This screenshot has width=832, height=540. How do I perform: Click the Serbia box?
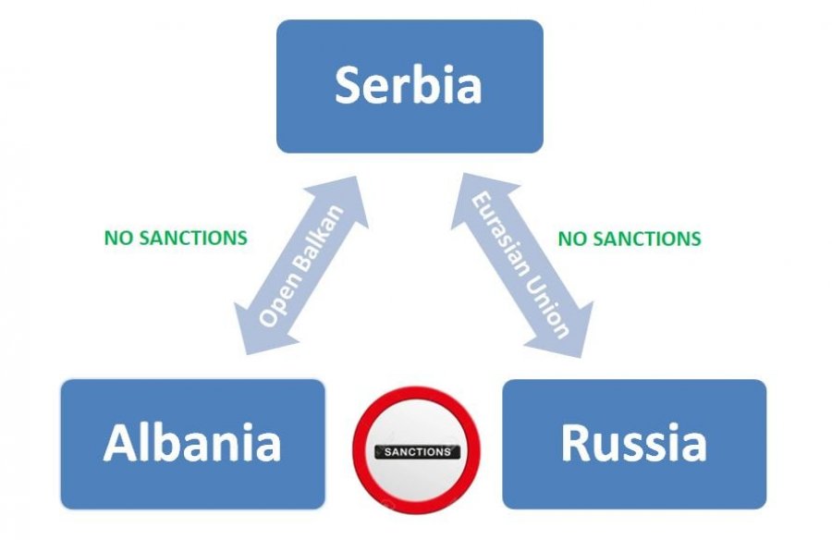[410, 86]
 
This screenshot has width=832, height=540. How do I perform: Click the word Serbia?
[409, 85]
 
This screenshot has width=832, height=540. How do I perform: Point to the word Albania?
[192, 443]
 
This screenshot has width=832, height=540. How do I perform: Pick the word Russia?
[633, 443]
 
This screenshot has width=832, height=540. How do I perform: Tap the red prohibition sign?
[416, 452]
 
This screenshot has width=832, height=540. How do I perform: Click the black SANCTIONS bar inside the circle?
[416, 452]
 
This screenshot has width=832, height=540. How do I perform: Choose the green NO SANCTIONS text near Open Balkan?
[176, 238]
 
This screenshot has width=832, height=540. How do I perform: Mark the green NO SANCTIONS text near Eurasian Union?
[630, 239]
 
